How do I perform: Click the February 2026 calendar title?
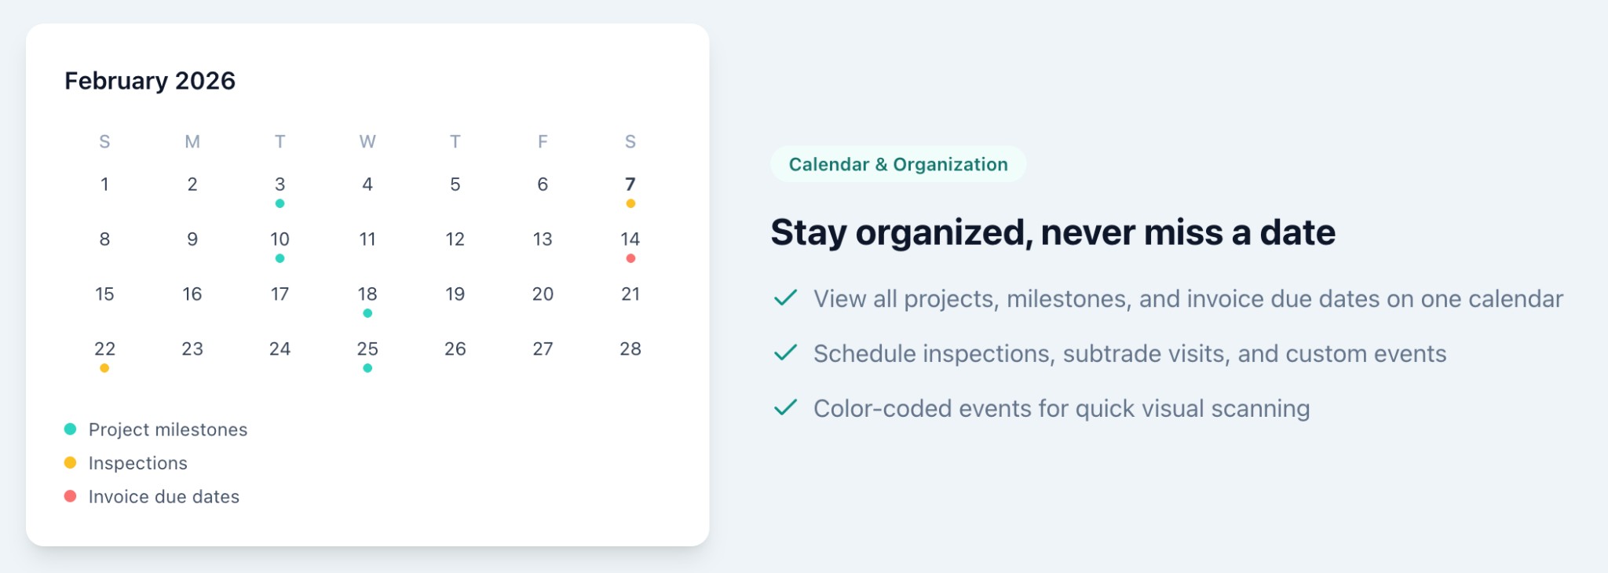[150, 81]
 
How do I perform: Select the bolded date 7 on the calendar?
[630, 184]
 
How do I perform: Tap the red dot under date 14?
[630, 258]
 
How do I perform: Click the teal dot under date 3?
[280, 203]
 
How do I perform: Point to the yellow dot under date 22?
[104, 368]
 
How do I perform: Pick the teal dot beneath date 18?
[367, 313]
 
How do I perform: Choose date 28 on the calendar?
[630, 349]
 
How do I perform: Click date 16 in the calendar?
[192, 294]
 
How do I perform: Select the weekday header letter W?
[367, 142]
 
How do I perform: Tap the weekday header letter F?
[543, 142]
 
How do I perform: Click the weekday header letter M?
[192, 142]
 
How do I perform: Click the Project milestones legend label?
[168, 430]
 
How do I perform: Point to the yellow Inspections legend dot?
[70, 463]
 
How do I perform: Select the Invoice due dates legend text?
[164, 497]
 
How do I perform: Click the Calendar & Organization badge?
[898, 165]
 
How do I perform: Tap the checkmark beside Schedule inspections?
[785, 353]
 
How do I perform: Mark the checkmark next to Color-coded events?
[785, 408]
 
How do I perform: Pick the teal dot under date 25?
[367, 368]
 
